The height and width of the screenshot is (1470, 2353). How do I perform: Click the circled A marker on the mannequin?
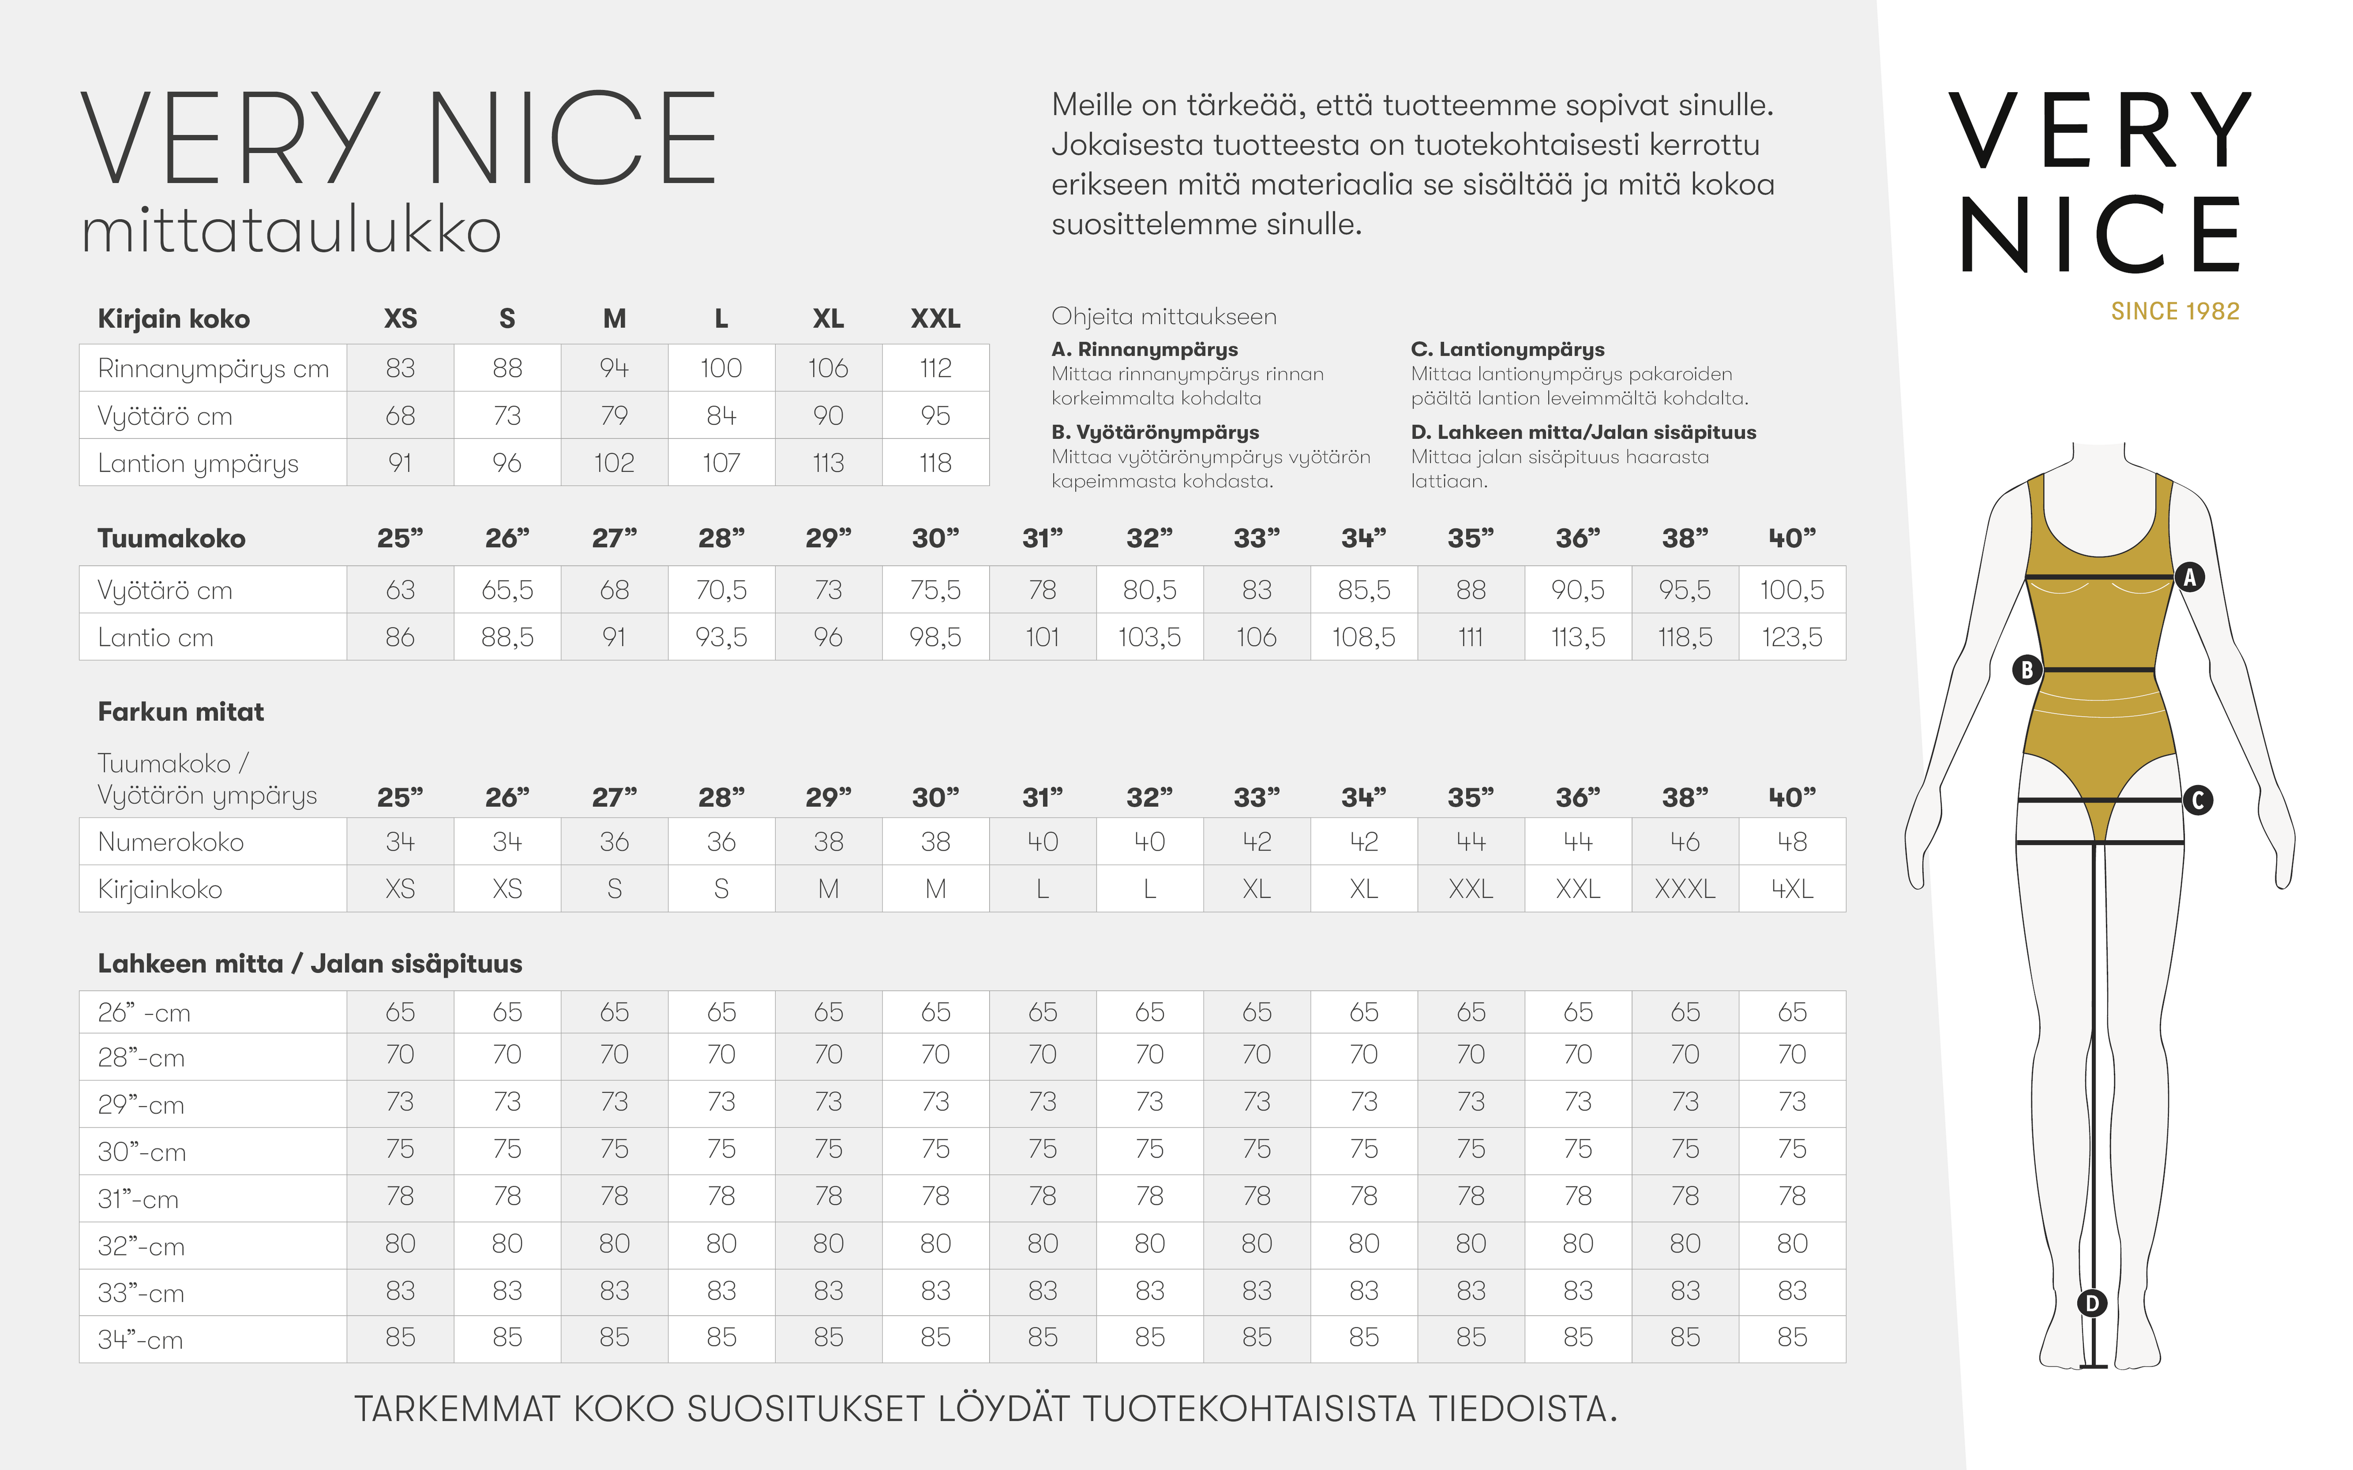point(2190,578)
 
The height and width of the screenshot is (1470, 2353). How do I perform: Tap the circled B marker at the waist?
point(2027,670)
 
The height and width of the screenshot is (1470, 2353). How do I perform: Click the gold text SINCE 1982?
point(2175,311)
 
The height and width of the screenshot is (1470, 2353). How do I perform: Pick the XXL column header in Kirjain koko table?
point(936,319)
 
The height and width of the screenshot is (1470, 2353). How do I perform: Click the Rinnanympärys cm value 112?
point(936,368)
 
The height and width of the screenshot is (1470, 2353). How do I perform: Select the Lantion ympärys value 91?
point(400,463)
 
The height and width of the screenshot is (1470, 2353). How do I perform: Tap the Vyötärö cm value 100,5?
point(1792,590)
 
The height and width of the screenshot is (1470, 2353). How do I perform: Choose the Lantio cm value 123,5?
point(1792,638)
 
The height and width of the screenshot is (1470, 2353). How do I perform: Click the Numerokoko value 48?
point(1792,842)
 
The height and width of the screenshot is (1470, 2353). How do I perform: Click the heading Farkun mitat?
point(181,712)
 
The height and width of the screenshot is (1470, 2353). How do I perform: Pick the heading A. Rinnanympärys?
point(1144,349)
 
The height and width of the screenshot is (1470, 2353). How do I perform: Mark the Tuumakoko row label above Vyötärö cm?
point(171,539)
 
